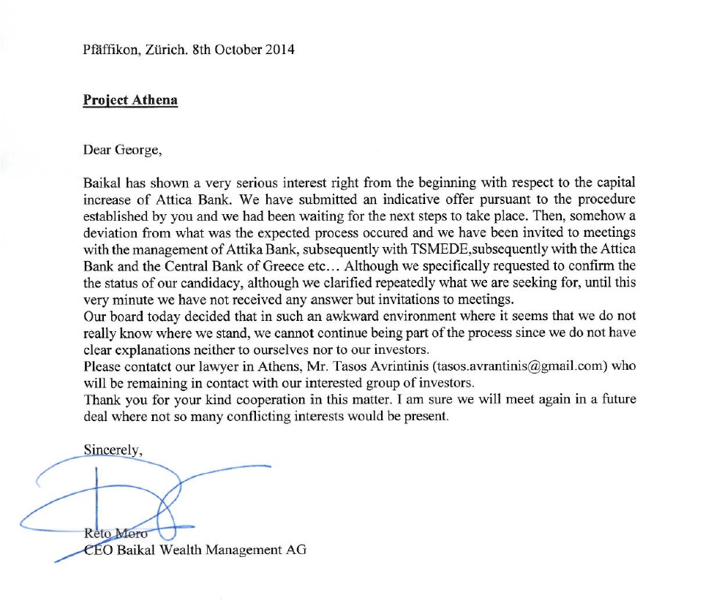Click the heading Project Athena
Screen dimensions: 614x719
[x=130, y=100]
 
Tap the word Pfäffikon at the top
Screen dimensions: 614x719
[x=110, y=50]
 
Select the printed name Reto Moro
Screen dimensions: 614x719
[x=116, y=534]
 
